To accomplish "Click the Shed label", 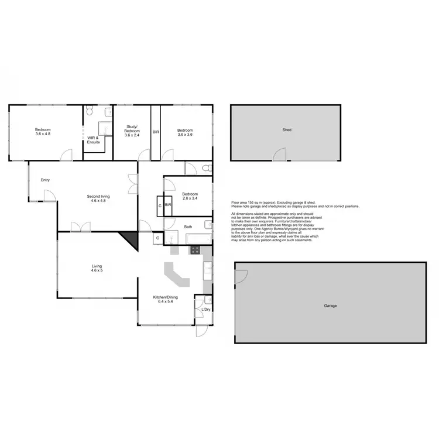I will point(287,130).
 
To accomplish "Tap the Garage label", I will point(330,306).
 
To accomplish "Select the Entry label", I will point(45,180).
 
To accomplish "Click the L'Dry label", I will point(205,309).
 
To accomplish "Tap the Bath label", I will point(188,227).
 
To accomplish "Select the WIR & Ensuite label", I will point(94,140).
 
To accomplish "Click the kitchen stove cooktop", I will point(195,251).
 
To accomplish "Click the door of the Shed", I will point(280,155).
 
